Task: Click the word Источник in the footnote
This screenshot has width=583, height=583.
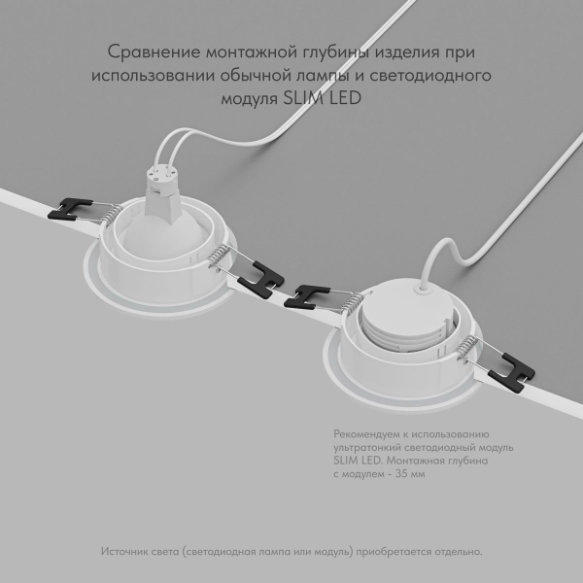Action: pos(123,551)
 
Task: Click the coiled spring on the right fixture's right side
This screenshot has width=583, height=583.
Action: pos(472,347)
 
